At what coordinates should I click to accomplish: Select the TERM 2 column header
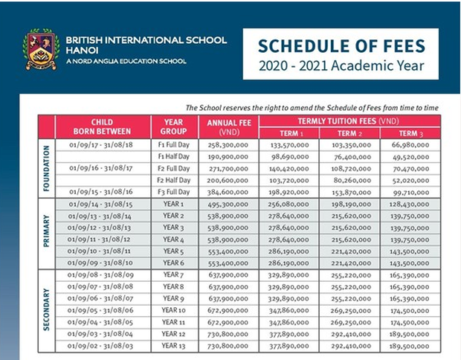(349, 132)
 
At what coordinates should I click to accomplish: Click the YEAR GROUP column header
(173, 125)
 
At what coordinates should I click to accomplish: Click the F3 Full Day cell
(173, 191)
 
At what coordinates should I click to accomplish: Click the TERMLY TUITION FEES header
(349, 120)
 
